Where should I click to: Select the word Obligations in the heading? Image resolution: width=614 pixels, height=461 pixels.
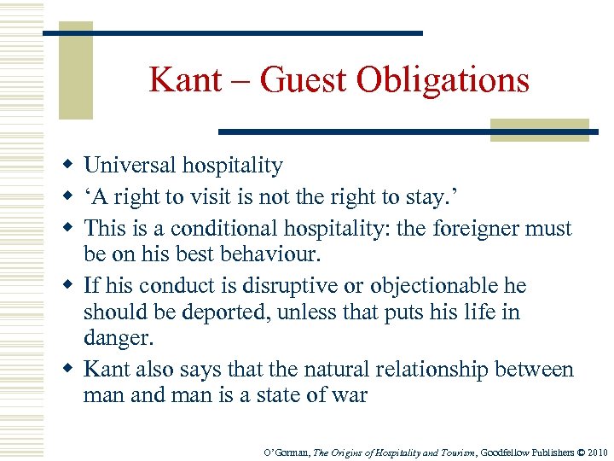(443, 80)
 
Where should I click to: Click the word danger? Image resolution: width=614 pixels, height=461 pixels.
(119, 339)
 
